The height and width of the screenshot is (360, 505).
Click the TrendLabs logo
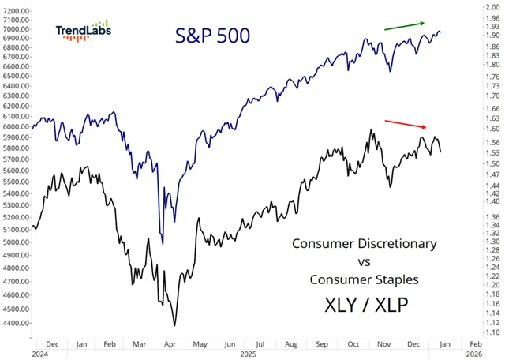pos(83,31)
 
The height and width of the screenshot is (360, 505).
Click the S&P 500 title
pos(212,35)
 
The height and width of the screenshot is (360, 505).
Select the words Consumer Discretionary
pos(364,243)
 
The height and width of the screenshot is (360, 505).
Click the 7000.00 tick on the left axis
pos(17,28)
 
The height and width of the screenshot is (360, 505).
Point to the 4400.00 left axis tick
pos(17,323)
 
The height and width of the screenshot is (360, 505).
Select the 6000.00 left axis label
pos(17,126)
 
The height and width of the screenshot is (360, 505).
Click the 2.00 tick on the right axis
pos(492,6)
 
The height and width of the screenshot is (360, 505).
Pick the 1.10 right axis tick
pos(492,333)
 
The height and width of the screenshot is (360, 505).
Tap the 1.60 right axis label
pos(492,129)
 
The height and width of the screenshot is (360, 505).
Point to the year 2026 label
pos(473,354)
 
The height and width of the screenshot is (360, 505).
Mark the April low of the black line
pos(174,324)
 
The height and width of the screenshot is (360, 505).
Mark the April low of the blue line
pos(162,243)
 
